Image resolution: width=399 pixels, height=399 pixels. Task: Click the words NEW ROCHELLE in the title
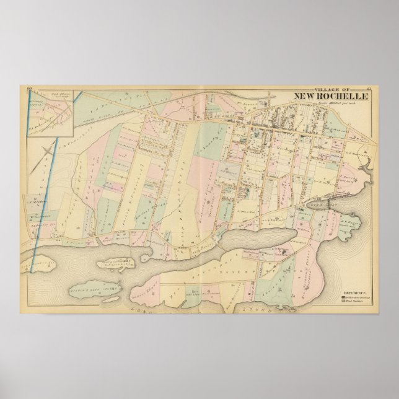pos(328,97)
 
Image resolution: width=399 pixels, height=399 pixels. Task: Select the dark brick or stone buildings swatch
pos(342,297)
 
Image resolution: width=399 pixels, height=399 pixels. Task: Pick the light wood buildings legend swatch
pos(342,302)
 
